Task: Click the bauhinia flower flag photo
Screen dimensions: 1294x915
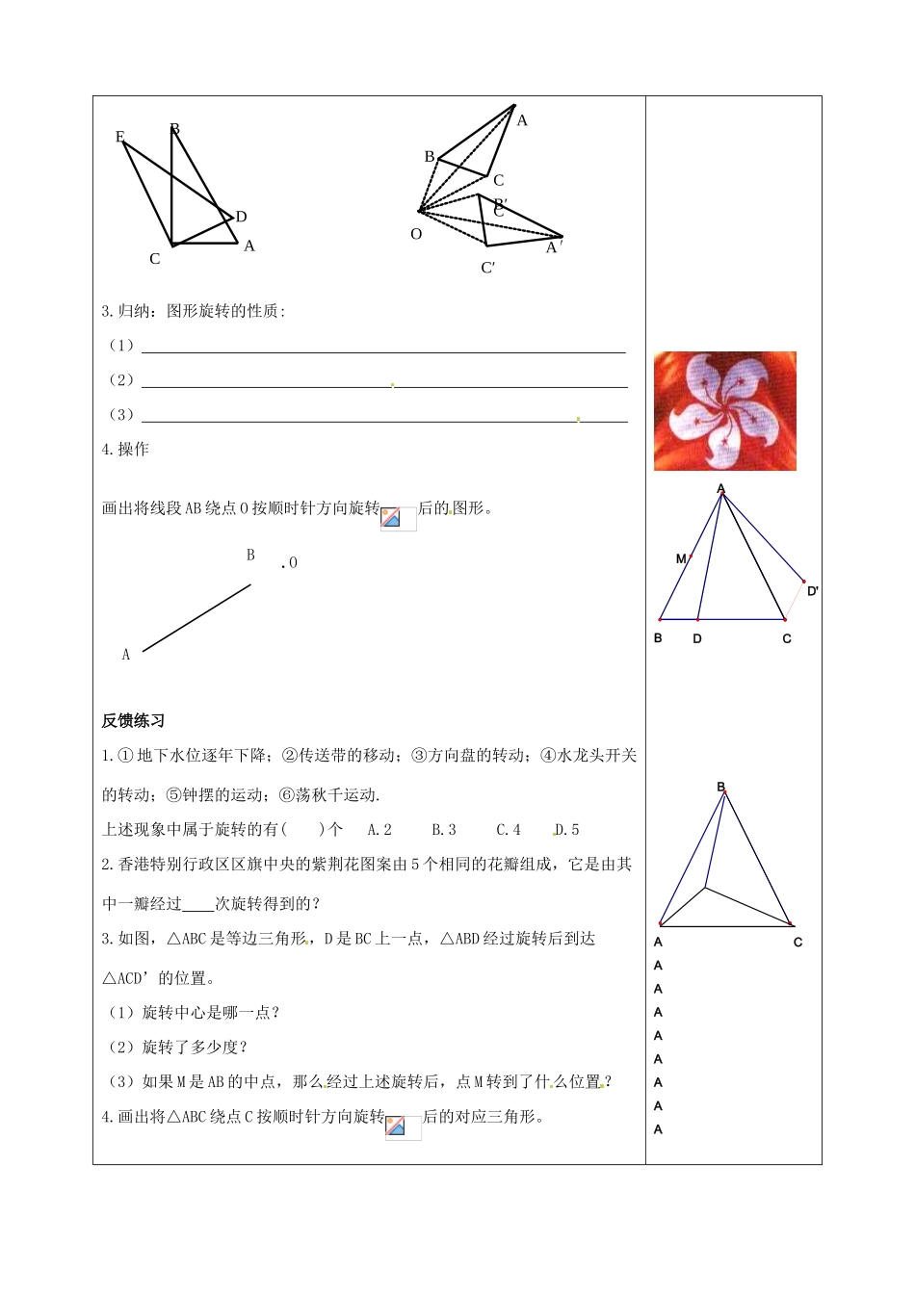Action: [x=724, y=411]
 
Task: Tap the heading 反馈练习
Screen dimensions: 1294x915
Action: [x=133, y=721]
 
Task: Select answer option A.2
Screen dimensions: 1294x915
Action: [x=379, y=830]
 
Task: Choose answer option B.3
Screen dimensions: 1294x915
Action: [x=444, y=830]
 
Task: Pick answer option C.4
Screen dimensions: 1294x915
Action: [x=509, y=830]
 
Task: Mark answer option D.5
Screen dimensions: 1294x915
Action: [x=567, y=830]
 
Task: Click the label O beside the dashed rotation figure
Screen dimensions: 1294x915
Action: [x=416, y=234]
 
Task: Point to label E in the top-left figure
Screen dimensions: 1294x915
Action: [x=120, y=137]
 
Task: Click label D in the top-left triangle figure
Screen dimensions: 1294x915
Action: [x=241, y=217]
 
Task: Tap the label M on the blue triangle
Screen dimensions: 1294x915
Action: [x=681, y=558]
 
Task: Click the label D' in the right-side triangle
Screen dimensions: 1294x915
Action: [x=813, y=591]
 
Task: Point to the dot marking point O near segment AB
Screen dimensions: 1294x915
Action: [x=283, y=565]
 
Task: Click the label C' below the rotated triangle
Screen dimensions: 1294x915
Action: [x=488, y=268]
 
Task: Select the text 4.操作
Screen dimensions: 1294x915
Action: [x=125, y=450]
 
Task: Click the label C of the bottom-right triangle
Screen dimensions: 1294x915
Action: [x=797, y=942]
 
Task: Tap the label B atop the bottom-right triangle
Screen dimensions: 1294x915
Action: [x=720, y=788]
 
